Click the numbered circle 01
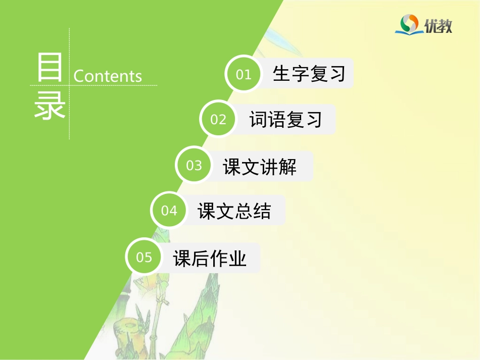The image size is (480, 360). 244,74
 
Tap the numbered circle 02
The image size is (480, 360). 218,119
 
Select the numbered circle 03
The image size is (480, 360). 194,166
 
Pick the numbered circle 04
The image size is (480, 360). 169,211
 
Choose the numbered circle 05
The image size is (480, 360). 144,257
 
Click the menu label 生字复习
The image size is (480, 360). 309,74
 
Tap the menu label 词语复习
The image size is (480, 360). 285,120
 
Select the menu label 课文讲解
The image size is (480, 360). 260,167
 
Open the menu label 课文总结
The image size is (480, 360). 234,211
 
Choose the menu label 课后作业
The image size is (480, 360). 210,259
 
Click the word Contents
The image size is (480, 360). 108,76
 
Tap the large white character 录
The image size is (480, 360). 50,106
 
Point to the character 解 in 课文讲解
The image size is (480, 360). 287,167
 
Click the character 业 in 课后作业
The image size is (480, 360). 237,259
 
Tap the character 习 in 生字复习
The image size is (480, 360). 336,74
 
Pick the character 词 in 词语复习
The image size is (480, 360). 258,120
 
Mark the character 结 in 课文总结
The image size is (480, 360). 262,211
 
